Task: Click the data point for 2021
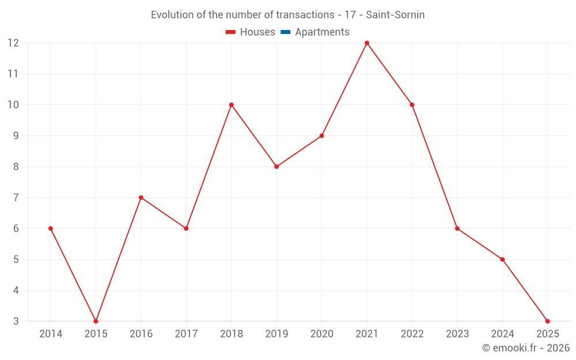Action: pos(367,43)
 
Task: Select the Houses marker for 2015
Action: pos(96,321)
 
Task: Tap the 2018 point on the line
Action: pos(232,105)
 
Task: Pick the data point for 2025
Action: pos(547,321)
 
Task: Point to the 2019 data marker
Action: pos(276,166)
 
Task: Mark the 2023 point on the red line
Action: pos(457,229)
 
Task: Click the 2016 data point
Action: pos(141,198)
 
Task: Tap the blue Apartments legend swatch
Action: pos(285,32)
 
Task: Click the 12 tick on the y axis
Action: pos(13,43)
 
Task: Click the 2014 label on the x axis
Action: pos(51,334)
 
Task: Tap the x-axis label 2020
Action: pos(321,334)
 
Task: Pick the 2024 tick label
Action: pos(502,334)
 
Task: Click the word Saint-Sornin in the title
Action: pos(395,15)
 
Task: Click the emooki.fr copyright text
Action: pos(526,348)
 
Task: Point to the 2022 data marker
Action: pos(412,105)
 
